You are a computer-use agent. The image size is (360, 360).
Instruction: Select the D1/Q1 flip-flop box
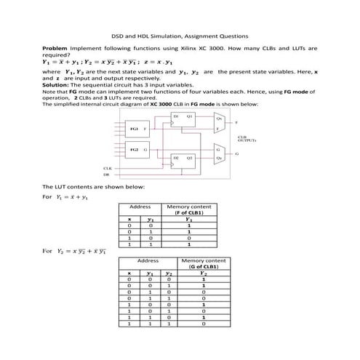click(181, 121)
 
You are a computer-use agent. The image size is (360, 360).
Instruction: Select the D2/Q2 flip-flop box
click(181, 159)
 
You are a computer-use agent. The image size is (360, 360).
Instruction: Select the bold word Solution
click(57, 84)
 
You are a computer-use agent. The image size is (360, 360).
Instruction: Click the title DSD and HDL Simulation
click(179, 35)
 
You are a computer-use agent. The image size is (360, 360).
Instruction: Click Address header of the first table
click(140, 207)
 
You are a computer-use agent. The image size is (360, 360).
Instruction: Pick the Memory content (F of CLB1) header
click(189, 209)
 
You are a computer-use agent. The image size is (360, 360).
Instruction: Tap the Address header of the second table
click(148, 260)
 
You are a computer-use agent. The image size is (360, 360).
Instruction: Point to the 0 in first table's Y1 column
click(189, 238)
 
